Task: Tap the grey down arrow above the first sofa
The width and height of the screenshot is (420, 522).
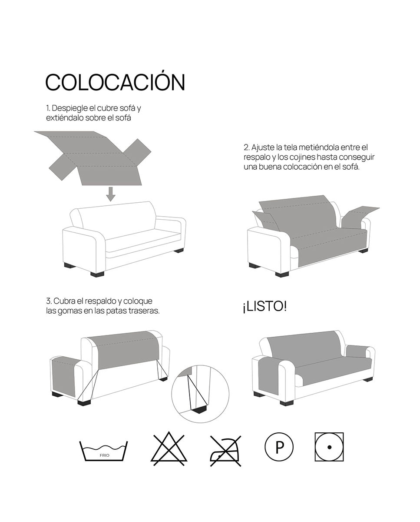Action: point(111,194)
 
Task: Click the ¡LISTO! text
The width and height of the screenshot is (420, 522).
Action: point(265,306)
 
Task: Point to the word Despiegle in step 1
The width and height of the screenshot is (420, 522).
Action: point(70,108)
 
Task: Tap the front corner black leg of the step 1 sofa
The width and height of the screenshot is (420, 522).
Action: point(97,274)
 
